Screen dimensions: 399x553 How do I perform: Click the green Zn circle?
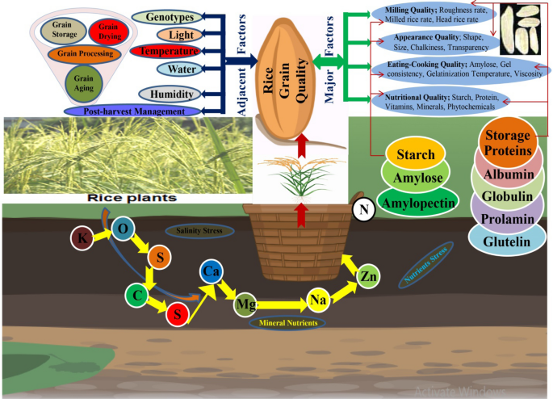[x=369, y=276]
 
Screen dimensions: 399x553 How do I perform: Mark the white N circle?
[x=363, y=211]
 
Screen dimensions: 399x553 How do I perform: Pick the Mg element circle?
[x=245, y=305]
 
